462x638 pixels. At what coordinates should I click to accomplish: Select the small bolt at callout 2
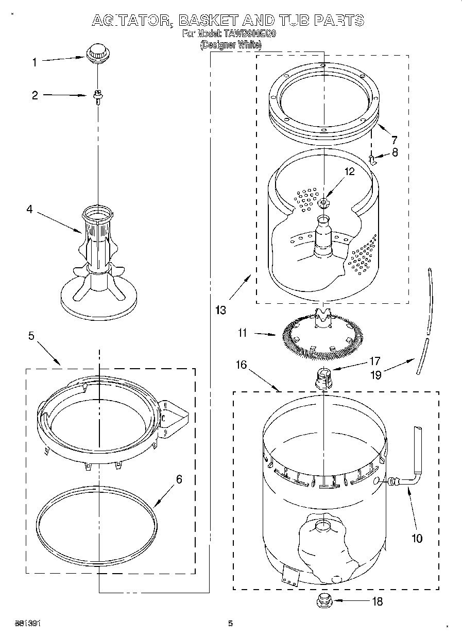click(x=96, y=96)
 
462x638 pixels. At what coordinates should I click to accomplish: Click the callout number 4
click(x=29, y=209)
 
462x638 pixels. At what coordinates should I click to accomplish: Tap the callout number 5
click(x=31, y=336)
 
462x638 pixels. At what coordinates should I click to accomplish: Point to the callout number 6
click(x=179, y=479)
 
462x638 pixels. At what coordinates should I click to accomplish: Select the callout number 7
click(x=394, y=139)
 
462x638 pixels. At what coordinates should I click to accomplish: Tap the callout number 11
click(x=243, y=333)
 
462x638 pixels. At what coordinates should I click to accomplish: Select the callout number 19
click(x=376, y=375)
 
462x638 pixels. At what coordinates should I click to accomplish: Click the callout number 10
click(x=417, y=539)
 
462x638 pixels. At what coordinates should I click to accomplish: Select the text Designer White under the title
click(x=230, y=45)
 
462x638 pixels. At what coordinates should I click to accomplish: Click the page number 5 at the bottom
click(x=231, y=624)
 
